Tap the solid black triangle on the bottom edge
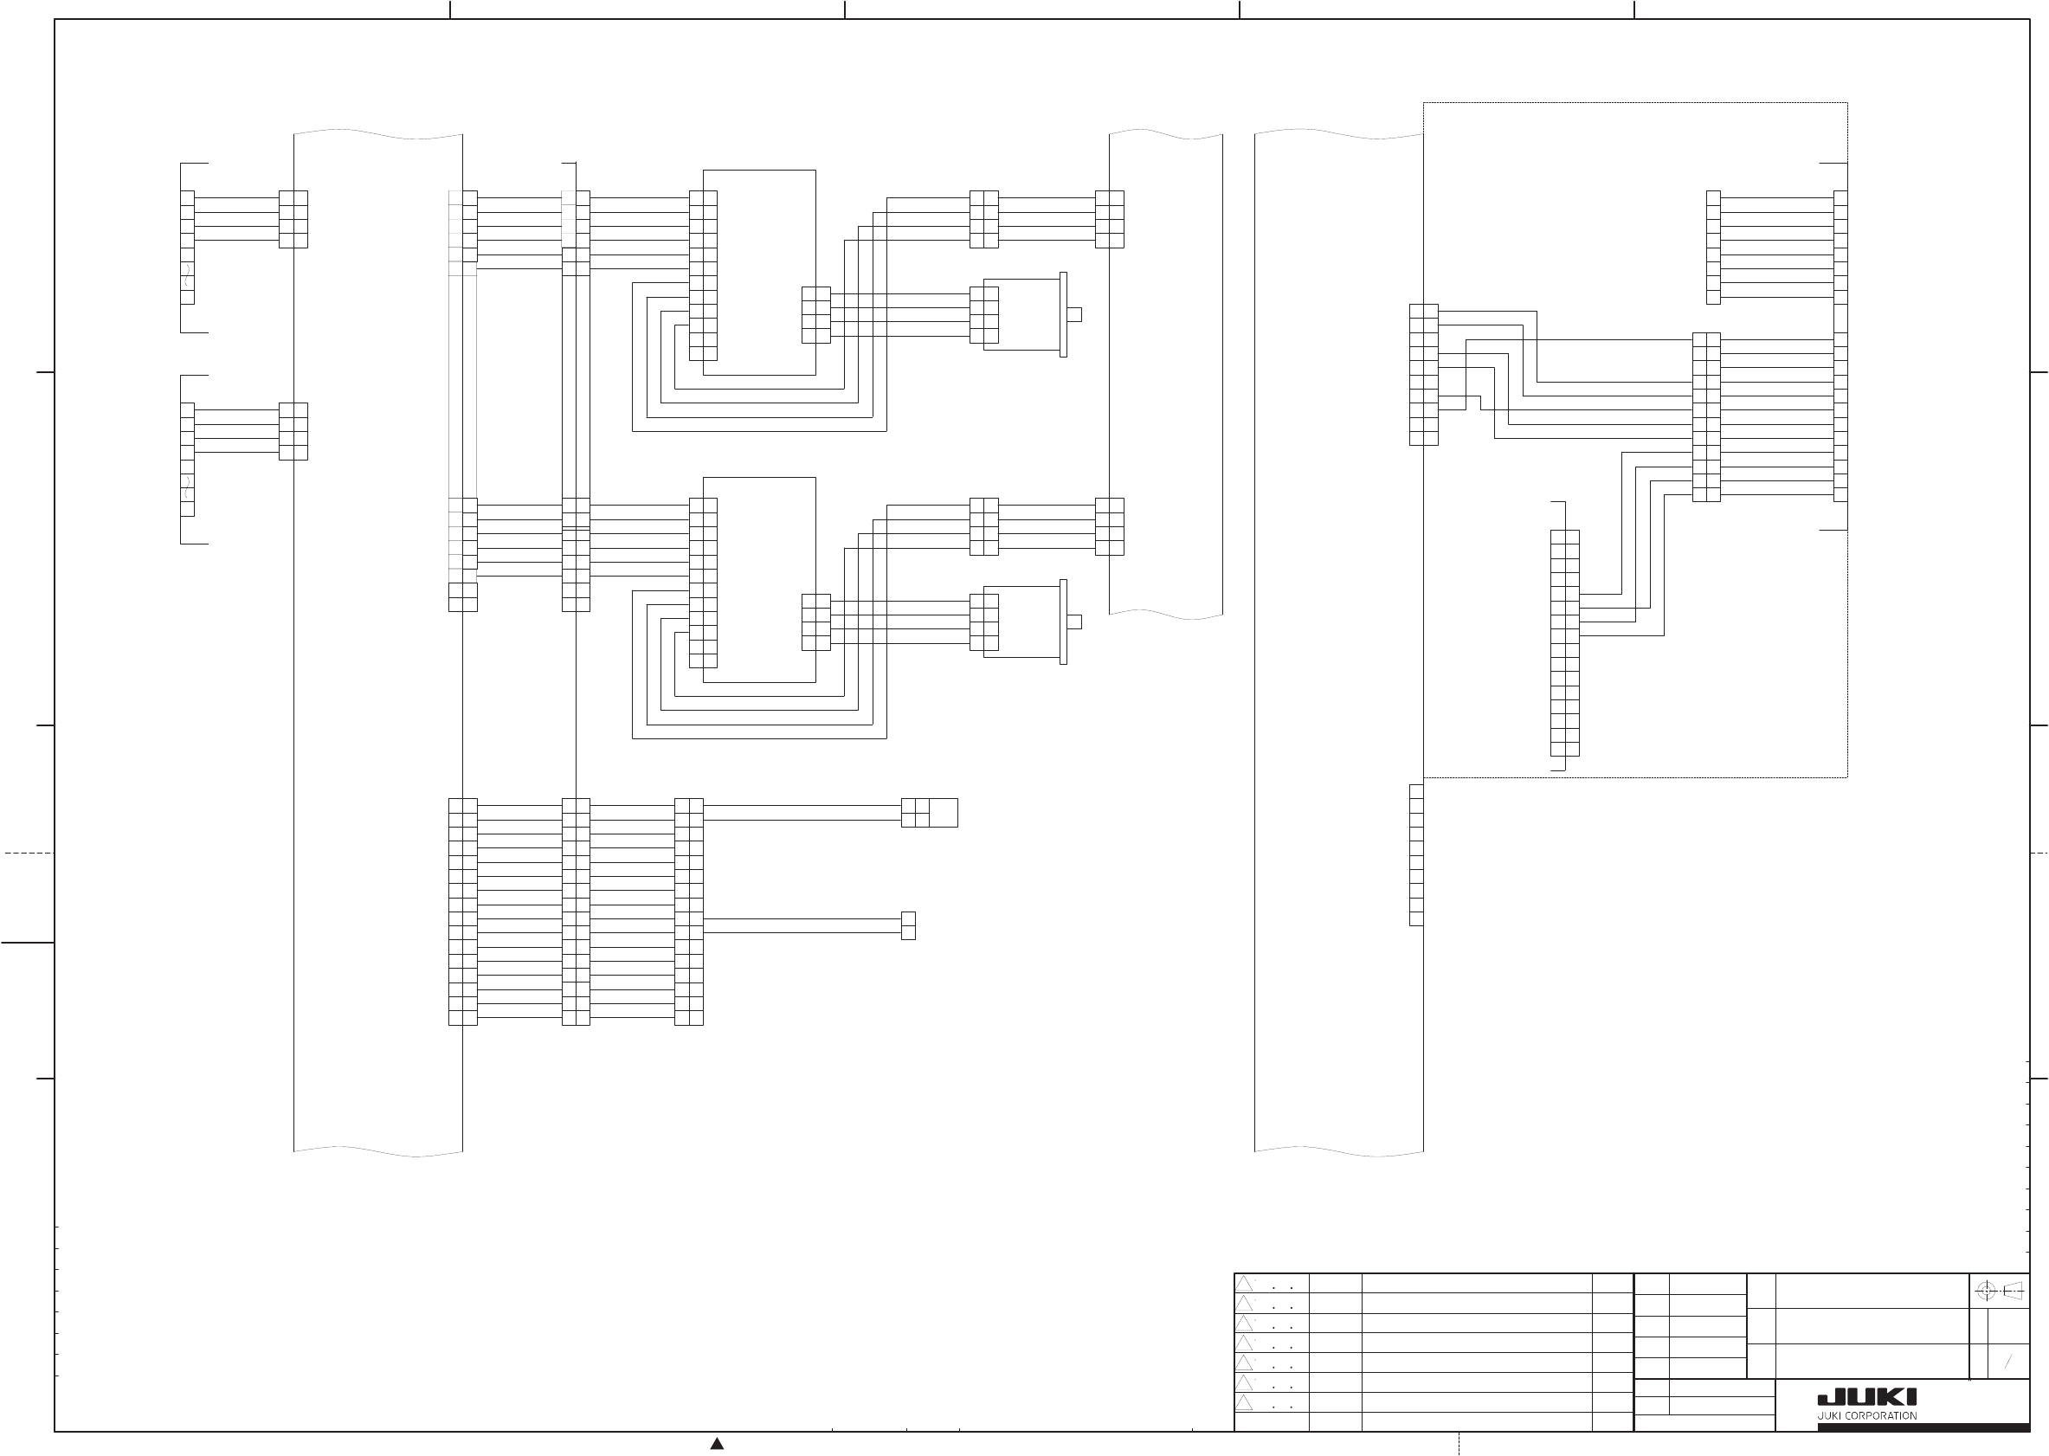717,1444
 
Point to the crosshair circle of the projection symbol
1987,1291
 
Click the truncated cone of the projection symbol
2014,1291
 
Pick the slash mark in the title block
2008,1362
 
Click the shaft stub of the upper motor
1073,313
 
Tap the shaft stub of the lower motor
1073,622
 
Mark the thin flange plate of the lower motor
1063,622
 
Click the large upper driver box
759,272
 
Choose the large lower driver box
759,579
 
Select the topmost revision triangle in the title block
1244,1284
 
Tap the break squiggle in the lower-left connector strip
186,487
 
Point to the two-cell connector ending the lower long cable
908,925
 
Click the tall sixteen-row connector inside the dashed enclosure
1564,643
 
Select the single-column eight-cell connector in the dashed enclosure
1713,248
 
